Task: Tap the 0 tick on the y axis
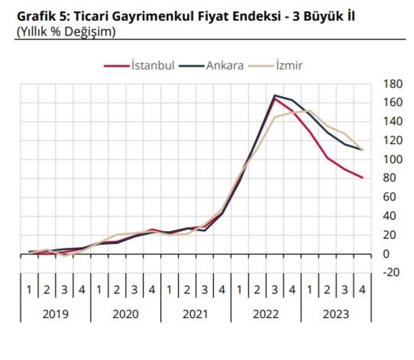[386, 254]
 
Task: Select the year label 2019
[55, 314]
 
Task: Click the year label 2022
[266, 314]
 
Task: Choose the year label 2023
[336, 314]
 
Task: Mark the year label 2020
[126, 314]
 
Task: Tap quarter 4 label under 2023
[363, 290]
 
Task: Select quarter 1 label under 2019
[29, 290]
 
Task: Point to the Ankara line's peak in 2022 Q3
[275, 96]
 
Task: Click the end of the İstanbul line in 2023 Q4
[362, 178]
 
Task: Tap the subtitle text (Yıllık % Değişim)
[65, 32]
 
